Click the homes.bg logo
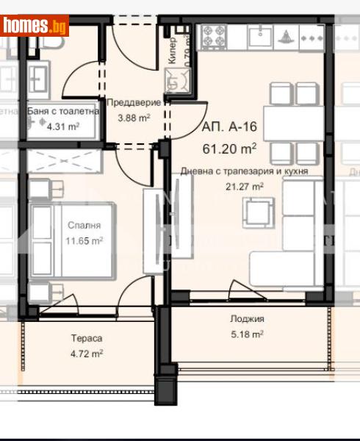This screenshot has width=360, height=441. point(35,26)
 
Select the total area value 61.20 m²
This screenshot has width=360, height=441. point(229,148)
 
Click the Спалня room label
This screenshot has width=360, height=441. point(84,226)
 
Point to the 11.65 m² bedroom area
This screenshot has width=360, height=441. point(84,240)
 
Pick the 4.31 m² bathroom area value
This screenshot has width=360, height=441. point(64,126)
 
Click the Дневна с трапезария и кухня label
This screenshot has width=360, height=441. point(244,171)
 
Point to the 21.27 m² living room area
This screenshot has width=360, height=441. point(245,187)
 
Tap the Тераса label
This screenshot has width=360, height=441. point(86,339)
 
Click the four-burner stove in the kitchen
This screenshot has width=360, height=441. point(213,34)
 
